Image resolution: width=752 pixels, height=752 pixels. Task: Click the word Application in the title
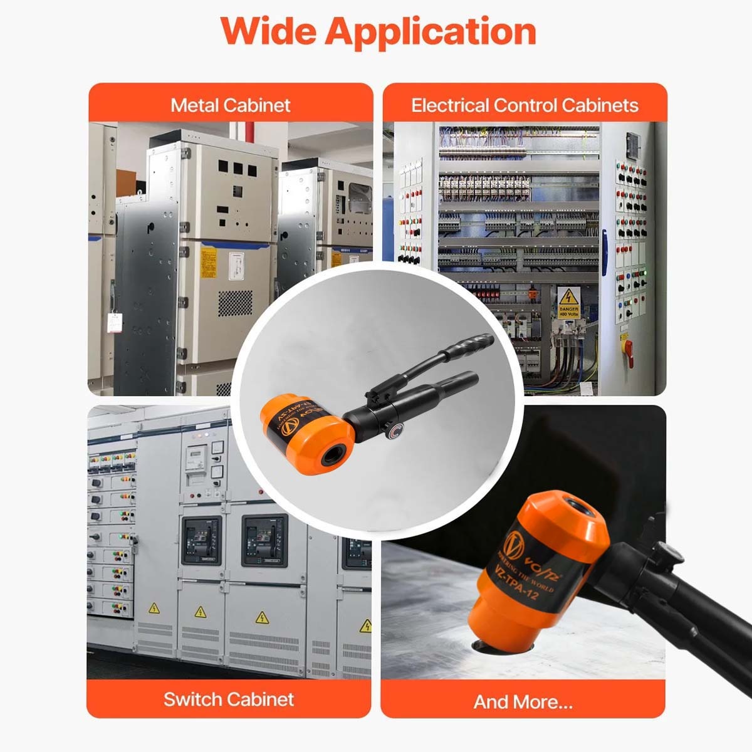tap(430, 31)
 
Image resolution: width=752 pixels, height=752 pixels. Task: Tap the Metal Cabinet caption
tap(230, 105)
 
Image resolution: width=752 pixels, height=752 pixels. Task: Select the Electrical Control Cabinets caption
tap(525, 105)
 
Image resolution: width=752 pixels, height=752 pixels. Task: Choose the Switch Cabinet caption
tap(229, 699)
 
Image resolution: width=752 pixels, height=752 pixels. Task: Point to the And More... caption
tap(523, 701)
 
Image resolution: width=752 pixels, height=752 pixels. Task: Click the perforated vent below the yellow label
tap(234, 303)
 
